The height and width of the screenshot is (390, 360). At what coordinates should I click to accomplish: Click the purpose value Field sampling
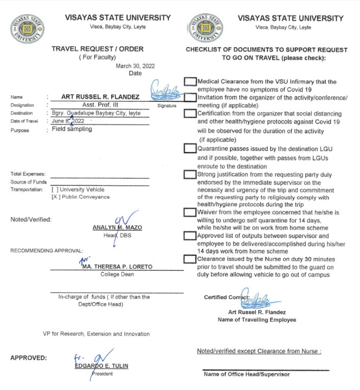click(72, 130)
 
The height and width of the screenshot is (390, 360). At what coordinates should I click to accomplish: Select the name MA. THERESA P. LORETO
click(113, 266)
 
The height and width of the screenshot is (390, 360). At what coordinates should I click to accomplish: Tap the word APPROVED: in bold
click(28, 358)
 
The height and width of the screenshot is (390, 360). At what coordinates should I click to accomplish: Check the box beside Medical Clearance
click(190, 82)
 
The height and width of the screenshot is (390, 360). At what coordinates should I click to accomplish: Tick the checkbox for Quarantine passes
click(190, 148)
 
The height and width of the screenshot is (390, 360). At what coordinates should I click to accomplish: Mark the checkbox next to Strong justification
click(190, 174)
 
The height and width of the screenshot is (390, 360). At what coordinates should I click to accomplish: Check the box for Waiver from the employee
click(190, 213)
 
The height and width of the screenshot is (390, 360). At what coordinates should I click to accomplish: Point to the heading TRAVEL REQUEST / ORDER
click(97, 48)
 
